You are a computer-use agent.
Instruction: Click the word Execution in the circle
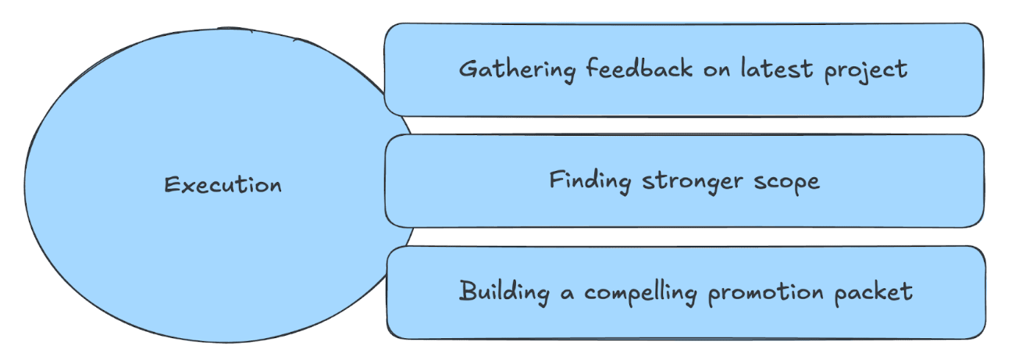click(x=223, y=185)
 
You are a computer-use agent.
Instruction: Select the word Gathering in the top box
click(x=517, y=70)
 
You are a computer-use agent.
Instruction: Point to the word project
click(x=866, y=70)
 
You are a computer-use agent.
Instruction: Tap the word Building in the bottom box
click(x=506, y=292)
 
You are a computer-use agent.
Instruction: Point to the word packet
click(x=875, y=293)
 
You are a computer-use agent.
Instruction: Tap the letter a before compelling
click(x=568, y=294)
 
